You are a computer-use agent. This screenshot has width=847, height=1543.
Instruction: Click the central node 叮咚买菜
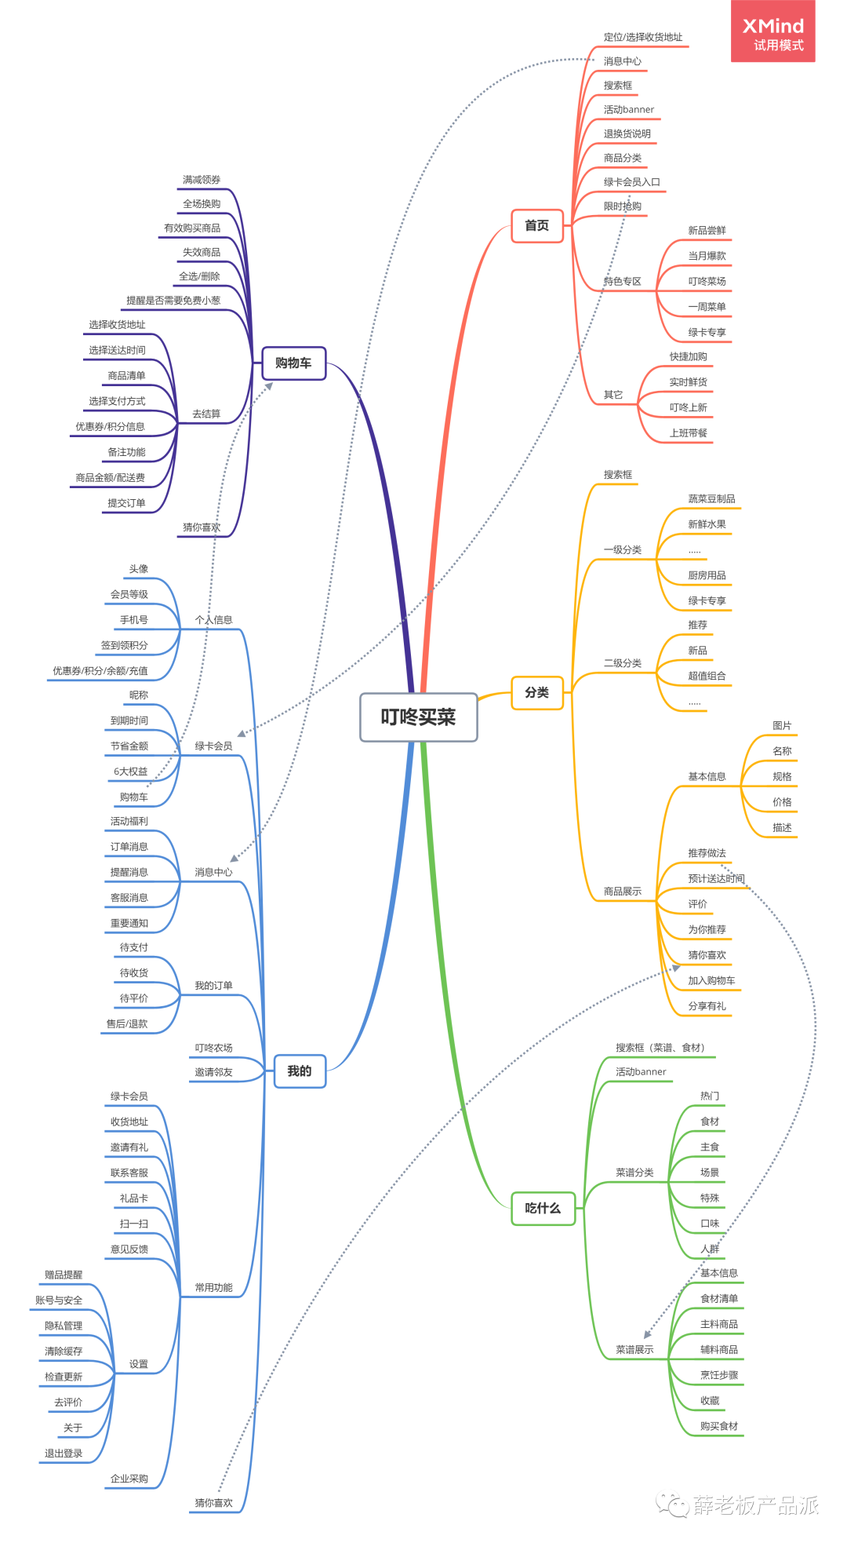click(x=418, y=717)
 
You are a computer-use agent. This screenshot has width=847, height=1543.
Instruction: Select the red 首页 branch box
click(x=537, y=226)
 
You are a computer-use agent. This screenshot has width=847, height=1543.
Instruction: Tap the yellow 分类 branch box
click(x=537, y=692)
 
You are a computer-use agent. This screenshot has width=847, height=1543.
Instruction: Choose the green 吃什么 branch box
click(x=543, y=1208)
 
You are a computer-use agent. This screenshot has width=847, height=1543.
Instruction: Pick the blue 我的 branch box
click(x=300, y=1071)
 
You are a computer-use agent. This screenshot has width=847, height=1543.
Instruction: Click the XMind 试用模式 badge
click(x=772, y=33)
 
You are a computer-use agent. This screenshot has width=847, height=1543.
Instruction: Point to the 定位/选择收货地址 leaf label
click(x=643, y=37)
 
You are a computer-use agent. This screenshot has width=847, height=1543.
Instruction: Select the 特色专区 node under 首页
click(x=623, y=281)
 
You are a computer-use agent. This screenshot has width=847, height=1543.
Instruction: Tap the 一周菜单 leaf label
click(x=707, y=307)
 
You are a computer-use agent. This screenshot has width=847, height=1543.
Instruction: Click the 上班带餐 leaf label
click(x=688, y=432)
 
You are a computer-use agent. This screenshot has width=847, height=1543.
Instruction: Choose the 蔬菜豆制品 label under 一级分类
click(x=711, y=498)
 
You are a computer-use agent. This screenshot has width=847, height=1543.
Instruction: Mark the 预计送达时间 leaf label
click(x=716, y=878)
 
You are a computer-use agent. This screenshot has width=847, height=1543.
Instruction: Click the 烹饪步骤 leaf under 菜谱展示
click(x=718, y=1375)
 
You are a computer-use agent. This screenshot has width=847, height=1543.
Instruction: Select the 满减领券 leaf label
click(x=202, y=180)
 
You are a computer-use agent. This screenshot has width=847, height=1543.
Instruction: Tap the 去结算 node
click(x=206, y=414)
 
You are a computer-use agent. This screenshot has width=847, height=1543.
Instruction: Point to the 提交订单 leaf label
click(x=126, y=503)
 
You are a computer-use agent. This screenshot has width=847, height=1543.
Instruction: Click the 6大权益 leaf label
click(x=130, y=771)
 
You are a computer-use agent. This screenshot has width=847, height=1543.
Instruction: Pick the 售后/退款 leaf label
click(x=127, y=1023)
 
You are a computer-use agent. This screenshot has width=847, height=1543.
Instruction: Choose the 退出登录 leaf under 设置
click(x=64, y=1453)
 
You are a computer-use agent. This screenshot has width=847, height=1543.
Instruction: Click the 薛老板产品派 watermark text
click(x=754, y=1505)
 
